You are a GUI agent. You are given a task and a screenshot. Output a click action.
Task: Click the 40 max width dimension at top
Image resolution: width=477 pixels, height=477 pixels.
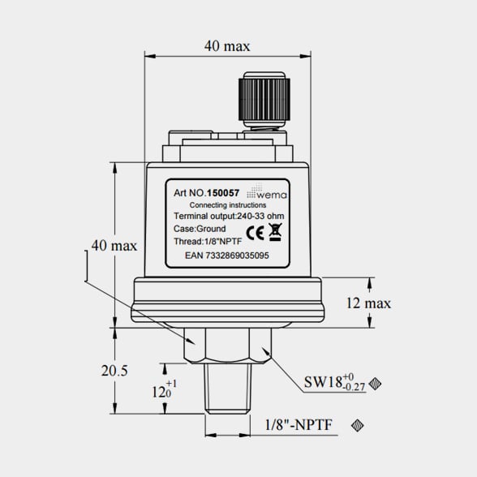(227, 46)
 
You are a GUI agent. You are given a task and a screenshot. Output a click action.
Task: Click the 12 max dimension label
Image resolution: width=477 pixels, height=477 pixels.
(368, 303)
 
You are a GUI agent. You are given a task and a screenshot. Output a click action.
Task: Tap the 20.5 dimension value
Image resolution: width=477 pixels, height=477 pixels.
(114, 371)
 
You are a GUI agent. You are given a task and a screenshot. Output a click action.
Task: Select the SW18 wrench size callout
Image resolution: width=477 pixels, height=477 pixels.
(334, 382)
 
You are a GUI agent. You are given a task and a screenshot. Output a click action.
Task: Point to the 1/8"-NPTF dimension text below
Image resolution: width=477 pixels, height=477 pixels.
(299, 425)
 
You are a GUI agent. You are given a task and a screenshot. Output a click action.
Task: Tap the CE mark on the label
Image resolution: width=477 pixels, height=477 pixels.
(255, 234)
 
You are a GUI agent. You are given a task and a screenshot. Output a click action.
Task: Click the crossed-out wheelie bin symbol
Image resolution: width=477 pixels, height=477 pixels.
(275, 232)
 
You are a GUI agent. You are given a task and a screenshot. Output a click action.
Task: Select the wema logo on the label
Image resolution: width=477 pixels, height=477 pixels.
(267, 191)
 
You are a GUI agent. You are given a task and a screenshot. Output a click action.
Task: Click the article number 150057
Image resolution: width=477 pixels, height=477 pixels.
(223, 193)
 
